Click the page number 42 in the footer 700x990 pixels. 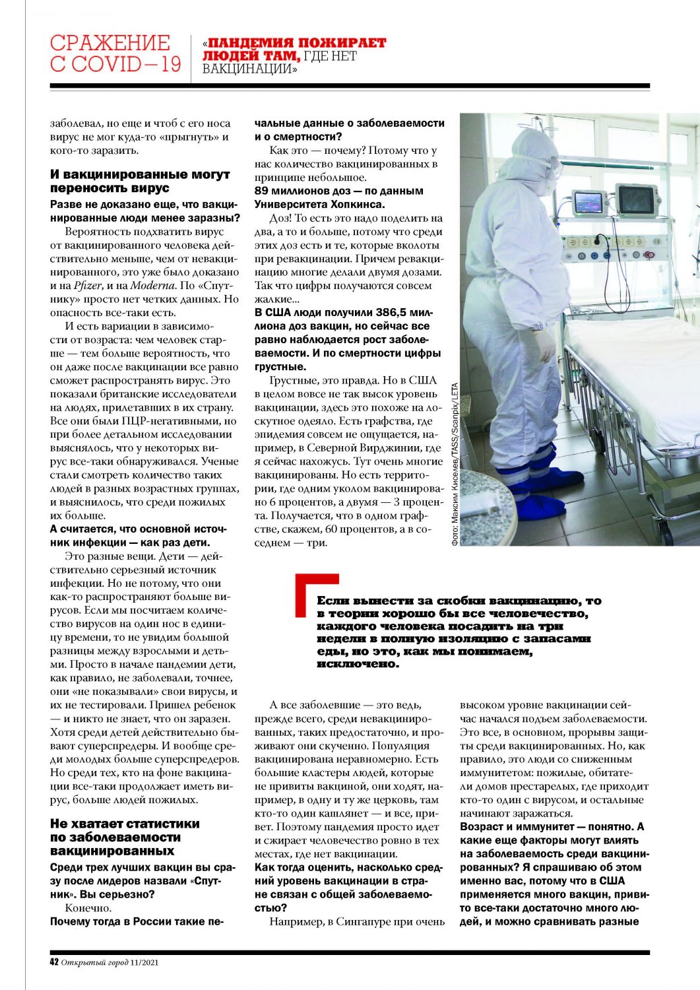55,962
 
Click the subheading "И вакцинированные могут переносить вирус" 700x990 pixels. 140,181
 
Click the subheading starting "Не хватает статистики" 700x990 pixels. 124,837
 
